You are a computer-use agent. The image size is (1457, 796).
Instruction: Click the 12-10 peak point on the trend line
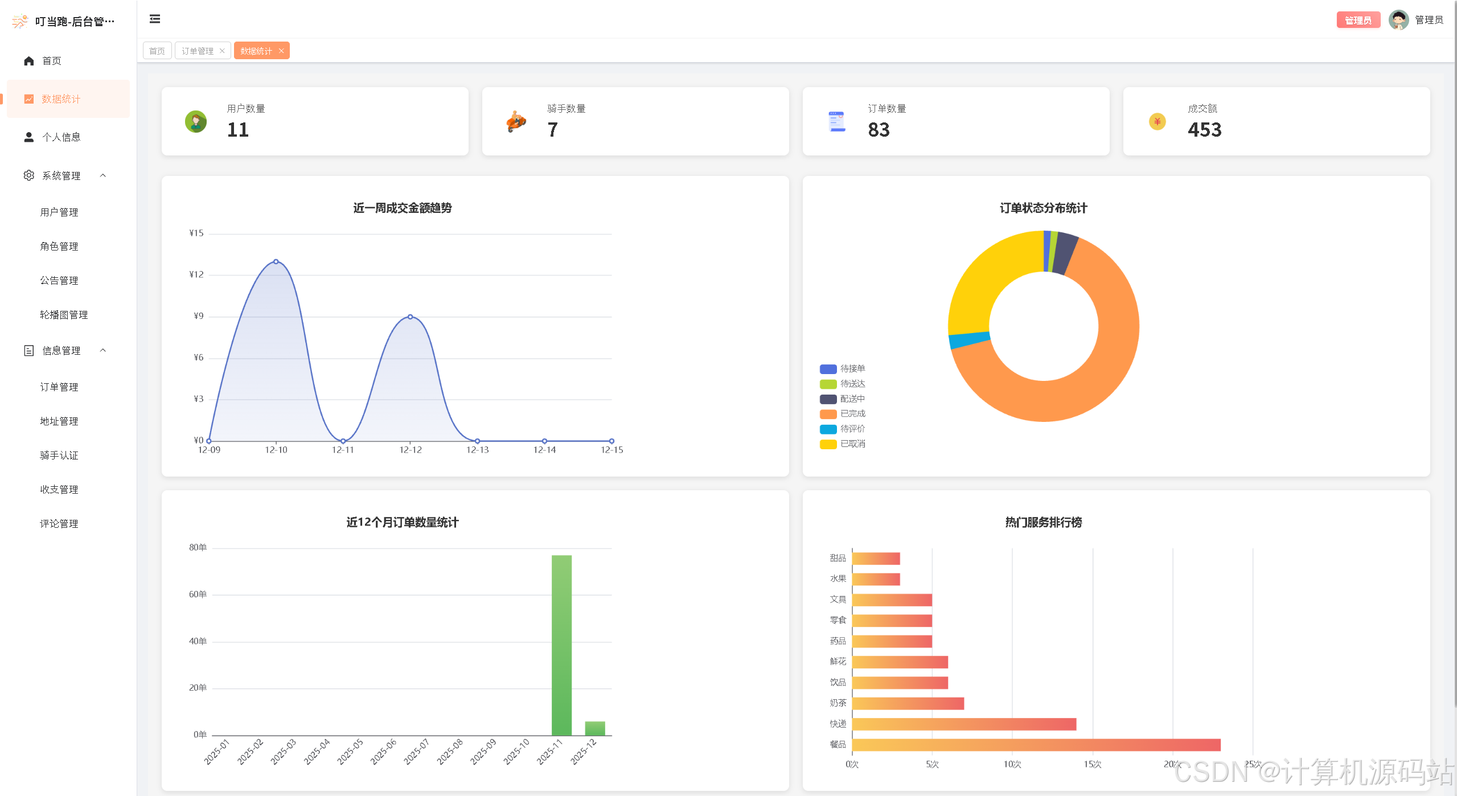click(276, 262)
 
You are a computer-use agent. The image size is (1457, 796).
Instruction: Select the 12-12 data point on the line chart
click(410, 317)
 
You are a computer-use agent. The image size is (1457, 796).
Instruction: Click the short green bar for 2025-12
click(595, 728)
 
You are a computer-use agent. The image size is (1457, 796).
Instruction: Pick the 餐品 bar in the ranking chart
click(1036, 745)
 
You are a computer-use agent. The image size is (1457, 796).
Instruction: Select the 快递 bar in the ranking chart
click(963, 724)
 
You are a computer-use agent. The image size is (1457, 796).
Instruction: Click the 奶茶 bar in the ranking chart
click(908, 704)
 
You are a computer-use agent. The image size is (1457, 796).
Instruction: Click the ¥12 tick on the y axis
click(196, 274)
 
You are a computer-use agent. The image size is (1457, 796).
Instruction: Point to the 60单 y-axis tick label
click(198, 594)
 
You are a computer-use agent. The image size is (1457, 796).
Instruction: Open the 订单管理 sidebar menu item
click(59, 387)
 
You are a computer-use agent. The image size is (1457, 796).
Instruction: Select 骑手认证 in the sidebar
click(59, 456)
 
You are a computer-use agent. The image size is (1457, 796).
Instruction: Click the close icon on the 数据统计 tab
click(281, 51)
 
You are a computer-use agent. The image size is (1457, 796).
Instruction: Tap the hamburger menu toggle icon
click(155, 19)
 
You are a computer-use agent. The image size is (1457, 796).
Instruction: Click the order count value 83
click(879, 130)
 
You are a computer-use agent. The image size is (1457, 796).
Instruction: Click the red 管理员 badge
click(1358, 20)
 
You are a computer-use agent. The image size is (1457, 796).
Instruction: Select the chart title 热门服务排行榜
click(1043, 522)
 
